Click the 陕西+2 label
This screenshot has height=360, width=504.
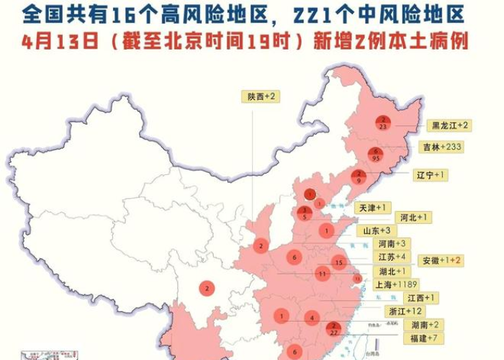261,96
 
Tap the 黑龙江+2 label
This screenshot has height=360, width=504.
449,125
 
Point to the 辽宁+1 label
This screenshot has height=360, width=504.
431,175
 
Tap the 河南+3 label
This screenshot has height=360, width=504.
393,244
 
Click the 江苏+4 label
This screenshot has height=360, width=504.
393,257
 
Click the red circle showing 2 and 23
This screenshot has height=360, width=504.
384,122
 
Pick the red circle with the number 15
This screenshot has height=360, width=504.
338,263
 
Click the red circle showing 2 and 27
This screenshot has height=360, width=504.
333,328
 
